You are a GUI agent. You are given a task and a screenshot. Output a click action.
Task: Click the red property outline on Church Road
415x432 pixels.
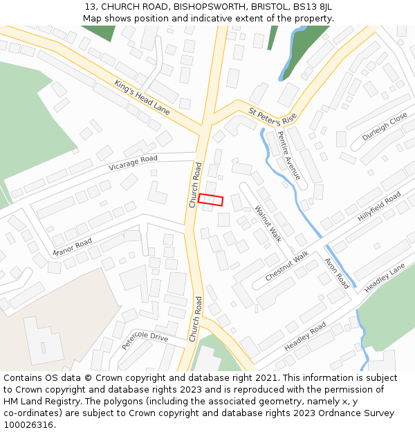pyautogui.click(x=211, y=200)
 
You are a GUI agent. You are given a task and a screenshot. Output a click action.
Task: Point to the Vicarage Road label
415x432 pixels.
pyautogui.click(x=133, y=163)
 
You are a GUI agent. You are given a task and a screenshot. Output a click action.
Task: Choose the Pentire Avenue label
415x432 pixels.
pyautogui.click(x=289, y=156)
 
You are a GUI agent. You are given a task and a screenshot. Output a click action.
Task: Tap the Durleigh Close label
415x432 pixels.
pyautogui.click(x=385, y=127)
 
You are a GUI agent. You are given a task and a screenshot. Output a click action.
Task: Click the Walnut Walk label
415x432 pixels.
pyautogui.click(x=268, y=224)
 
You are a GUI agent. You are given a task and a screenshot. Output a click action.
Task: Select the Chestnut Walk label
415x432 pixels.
pyautogui.click(x=287, y=265)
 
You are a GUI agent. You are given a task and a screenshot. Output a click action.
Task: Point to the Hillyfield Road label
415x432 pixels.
pyautogui.click(x=380, y=207)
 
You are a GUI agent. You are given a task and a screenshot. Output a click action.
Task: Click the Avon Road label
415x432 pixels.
pyautogui.click(x=337, y=272)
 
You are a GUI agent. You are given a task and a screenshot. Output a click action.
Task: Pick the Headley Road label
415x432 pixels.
pyautogui.click(x=305, y=335)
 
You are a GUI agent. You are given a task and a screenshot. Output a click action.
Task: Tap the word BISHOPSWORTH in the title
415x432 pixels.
pyautogui.click(x=207, y=6)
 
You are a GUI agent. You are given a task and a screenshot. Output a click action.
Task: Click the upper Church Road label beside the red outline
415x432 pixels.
pyautogui.click(x=195, y=185)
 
